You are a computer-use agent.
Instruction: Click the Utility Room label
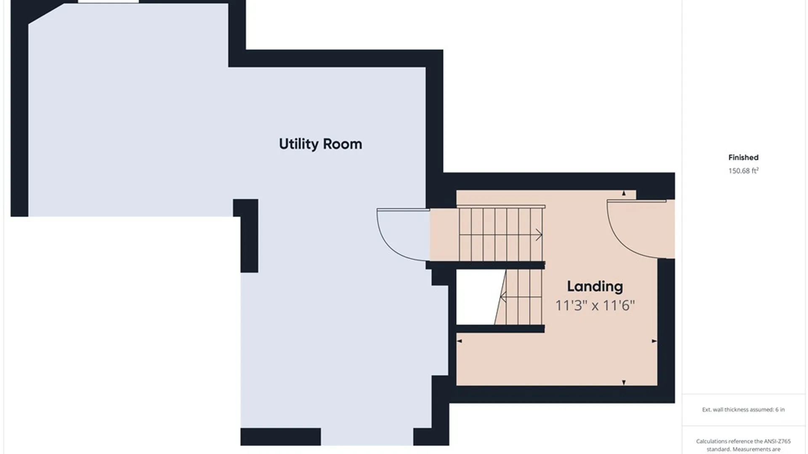(x=320, y=144)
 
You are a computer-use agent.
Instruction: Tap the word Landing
(x=595, y=287)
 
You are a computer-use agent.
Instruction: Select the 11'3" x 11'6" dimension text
(x=595, y=305)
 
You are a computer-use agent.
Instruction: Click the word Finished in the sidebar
(x=743, y=158)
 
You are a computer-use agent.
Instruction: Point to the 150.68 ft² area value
(x=743, y=171)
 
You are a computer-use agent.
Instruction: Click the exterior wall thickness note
(x=743, y=409)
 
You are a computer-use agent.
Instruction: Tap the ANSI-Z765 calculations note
(x=743, y=445)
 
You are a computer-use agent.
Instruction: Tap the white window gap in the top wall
(x=108, y=1)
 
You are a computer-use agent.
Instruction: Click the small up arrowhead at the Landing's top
(x=624, y=193)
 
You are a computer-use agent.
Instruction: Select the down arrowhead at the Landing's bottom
(x=624, y=383)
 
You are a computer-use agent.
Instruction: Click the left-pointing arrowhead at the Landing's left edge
(x=459, y=341)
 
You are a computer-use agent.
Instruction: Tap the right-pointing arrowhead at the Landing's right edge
(x=654, y=341)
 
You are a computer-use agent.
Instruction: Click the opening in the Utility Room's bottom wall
(x=367, y=437)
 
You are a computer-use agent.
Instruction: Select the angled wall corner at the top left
(x=45, y=14)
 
